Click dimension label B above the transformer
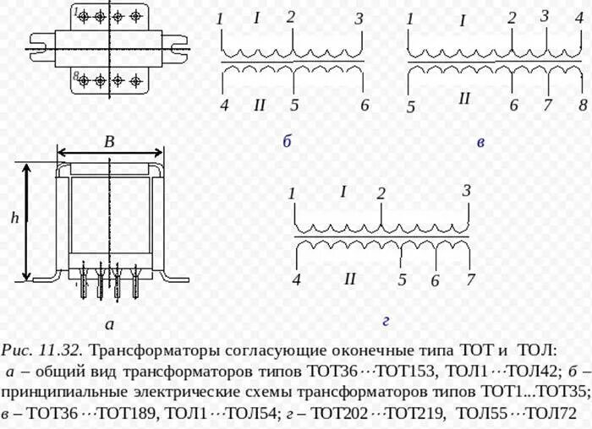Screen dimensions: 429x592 (109, 143)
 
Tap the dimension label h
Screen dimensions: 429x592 (14, 218)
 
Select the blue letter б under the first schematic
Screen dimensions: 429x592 (287, 141)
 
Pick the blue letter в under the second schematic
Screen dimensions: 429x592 (480, 143)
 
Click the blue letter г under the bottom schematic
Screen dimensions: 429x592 (385, 320)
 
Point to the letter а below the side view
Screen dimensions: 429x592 (109, 323)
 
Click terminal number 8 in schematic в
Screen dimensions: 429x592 (582, 106)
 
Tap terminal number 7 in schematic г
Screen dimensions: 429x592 (470, 280)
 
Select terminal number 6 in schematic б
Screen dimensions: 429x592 (365, 106)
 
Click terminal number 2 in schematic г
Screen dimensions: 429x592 (381, 193)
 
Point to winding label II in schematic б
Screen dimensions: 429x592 (260, 105)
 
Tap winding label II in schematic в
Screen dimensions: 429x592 (463, 99)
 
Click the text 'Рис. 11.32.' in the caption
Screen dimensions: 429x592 (41, 349)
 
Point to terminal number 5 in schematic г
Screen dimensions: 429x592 (402, 280)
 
